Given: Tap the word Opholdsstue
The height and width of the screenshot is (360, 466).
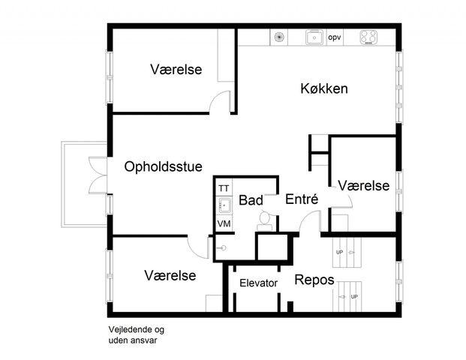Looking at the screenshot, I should tap(164, 166).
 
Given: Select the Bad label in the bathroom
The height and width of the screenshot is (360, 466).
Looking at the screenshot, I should tap(251, 200).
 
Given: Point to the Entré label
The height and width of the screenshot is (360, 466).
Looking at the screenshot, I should tap(302, 199).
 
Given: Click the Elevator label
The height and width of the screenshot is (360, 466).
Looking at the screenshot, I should tap(259, 283).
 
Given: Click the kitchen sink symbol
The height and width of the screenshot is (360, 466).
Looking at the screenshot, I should tap(314, 36).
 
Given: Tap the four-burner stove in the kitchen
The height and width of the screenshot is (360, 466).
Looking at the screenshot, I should tap(368, 36).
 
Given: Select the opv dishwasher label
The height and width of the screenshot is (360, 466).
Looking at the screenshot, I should tap(335, 37).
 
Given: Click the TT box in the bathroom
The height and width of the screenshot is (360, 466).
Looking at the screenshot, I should tap(224, 187).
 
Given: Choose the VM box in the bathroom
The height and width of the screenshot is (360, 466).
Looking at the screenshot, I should tap(224, 223).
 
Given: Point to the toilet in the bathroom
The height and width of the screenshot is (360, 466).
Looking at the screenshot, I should tap(264, 218).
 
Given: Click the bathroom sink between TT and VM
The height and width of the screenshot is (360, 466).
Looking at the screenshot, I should tap(224, 205).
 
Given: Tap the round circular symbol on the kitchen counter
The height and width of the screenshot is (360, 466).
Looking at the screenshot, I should tap(279, 36).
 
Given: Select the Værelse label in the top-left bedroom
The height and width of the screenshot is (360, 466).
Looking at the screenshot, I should tap(176, 70).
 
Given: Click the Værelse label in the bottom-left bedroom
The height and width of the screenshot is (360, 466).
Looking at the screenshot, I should tap(170, 275).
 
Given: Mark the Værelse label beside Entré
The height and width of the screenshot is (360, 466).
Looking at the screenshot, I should tap(363, 185).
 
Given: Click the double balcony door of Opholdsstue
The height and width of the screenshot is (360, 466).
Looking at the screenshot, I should tap(98, 175).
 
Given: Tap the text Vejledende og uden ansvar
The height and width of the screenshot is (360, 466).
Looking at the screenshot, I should tap(136, 334).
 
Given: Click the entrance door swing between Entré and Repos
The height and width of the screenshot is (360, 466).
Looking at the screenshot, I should tap(308, 223).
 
